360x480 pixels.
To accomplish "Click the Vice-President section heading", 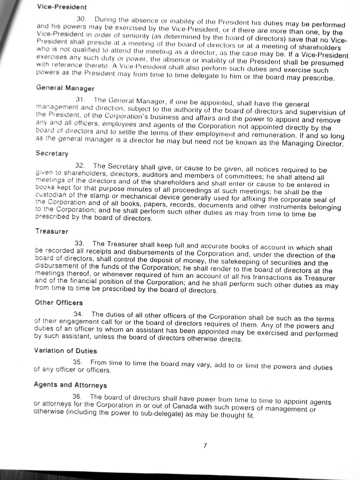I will pyautogui.click(x=62, y=7).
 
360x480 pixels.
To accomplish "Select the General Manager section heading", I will pyautogui.click(x=65, y=88).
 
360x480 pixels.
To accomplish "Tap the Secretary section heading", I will pyautogui.click(x=52, y=153).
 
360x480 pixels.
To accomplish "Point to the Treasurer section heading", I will pyautogui.click(x=51, y=231).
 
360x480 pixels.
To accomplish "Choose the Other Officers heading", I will pyautogui.click(x=59, y=303).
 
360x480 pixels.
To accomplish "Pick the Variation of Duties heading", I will pyautogui.click(x=65, y=351).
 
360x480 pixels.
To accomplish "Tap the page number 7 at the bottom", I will pyautogui.click(x=205, y=446).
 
